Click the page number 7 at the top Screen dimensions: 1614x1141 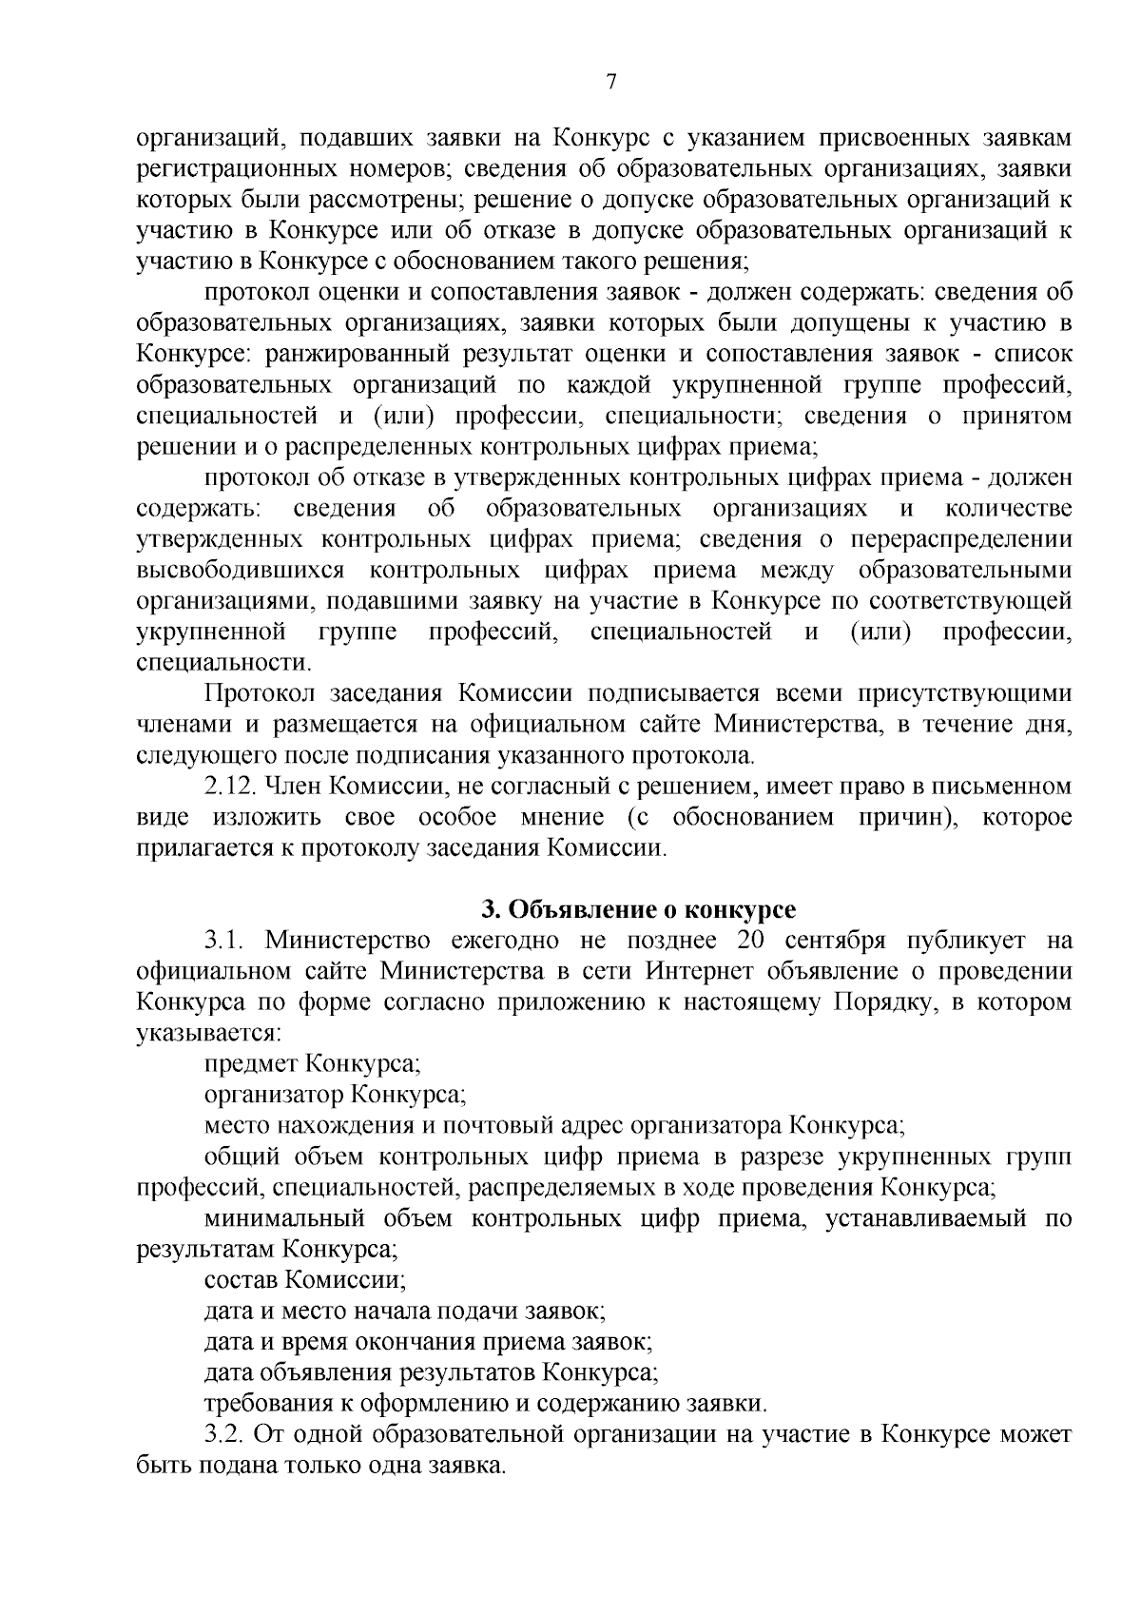[x=611, y=83]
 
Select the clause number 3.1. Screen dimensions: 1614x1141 [x=226, y=941]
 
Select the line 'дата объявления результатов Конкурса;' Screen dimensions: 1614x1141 [x=432, y=1371]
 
